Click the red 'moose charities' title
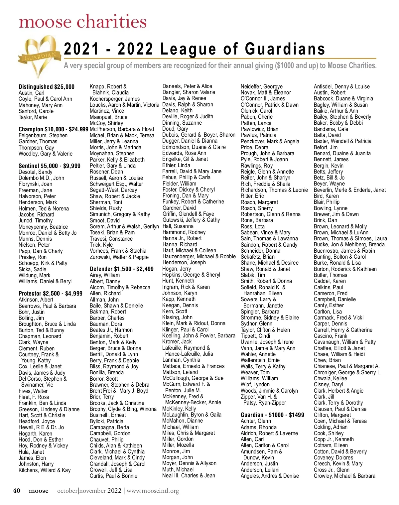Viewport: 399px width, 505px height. tap(83, 22)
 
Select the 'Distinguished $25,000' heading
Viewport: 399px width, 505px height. tap(47, 87)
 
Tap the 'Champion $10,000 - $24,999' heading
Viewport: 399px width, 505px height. tap(54, 129)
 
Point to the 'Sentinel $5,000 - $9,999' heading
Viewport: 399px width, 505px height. tap(50, 166)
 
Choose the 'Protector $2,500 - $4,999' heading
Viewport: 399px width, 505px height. tap(51, 294)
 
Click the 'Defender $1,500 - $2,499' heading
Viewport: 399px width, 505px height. tap(122, 269)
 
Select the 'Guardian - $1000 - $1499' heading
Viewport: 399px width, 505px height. tap(272, 415)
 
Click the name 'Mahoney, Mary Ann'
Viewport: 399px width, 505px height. tap(41, 105)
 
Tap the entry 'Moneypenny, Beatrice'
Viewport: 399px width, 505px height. tap(43, 227)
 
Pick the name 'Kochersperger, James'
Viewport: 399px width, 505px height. tap(115, 99)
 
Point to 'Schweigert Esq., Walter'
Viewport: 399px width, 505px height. tap(116, 184)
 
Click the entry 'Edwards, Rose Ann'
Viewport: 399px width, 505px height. tap(184, 153)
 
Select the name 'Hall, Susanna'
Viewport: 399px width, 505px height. tap(178, 226)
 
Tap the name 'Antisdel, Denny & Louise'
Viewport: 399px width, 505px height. tap(342, 86)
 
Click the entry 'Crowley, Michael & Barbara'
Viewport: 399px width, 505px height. tap(344, 476)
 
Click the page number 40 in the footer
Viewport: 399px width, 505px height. tap(17, 491)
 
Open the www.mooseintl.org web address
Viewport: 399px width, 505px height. tap(153, 491)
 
